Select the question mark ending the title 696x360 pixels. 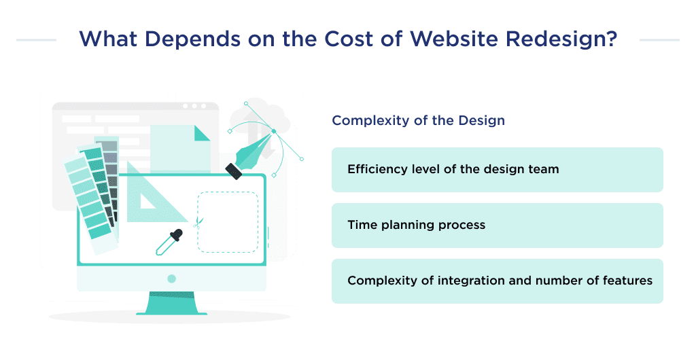click(x=610, y=39)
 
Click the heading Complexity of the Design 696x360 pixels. click(x=418, y=121)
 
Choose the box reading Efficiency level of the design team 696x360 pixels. click(x=497, y=169)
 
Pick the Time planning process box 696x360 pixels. click(x=497, y=225)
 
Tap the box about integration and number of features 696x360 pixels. click(x=497, y=281)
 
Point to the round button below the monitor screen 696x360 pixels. click(x=171, y=278)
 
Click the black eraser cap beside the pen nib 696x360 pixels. click(x=234, y=170)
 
